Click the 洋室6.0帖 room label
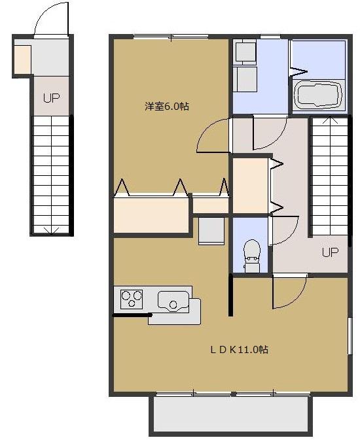pos(167,106)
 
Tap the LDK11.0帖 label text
pos(238,349)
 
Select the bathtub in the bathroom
pos(318,94)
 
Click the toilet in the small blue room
pos(251,254)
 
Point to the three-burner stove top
pos(132,299)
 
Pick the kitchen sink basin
pos(173,303)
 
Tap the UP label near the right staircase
pos(329,252)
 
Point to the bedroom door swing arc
pos(213,136)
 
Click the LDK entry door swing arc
pos(288,293)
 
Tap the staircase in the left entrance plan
pos(51,173)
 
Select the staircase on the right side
pos(329,175)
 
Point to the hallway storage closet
pos(250,186)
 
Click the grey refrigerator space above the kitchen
pos(211,230)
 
